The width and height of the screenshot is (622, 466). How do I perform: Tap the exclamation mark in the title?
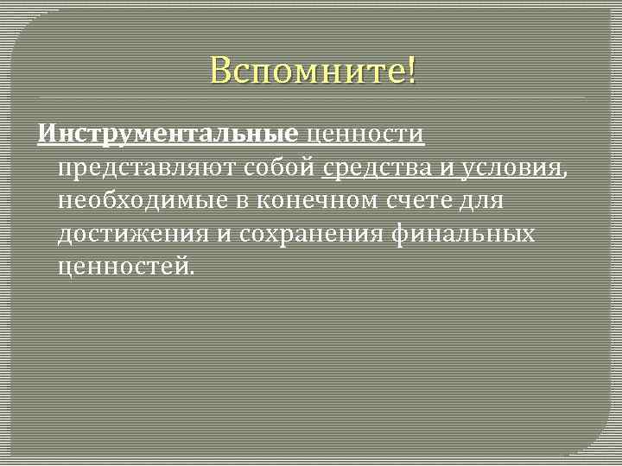tap(410, 70)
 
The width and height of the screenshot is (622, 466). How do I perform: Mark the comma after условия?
tap(565, 173)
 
